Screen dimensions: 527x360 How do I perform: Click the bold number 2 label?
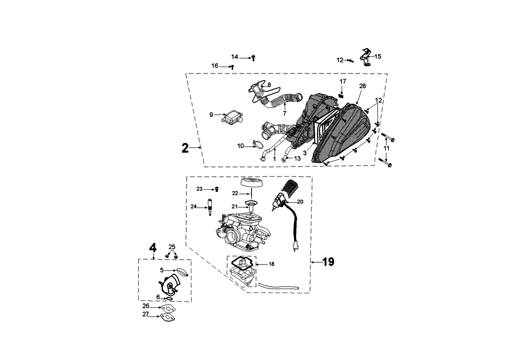click(x=185, y=148)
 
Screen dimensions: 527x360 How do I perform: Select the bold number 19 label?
click(x=328, y=262)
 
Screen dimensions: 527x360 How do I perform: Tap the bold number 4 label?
click(x=153, y=248)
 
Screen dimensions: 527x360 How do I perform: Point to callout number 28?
click(x=363, y=86)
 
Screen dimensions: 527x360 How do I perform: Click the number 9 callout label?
click(x=211, y=115)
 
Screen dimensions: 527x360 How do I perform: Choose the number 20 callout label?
click(x=300, y=202)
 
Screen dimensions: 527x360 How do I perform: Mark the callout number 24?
click(x=194, y=207)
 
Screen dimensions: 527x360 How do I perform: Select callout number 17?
click(x=343, y=81)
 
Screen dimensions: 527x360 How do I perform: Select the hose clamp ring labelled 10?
click(x=259, y=144)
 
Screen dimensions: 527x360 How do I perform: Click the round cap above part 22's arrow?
click(x=252, y=183)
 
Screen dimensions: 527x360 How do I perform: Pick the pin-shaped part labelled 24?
click(x=209, y=207)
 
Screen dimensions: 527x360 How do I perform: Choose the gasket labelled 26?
click(x=169, y=308)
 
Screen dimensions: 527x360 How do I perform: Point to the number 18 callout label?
click(x=271, y=264)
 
